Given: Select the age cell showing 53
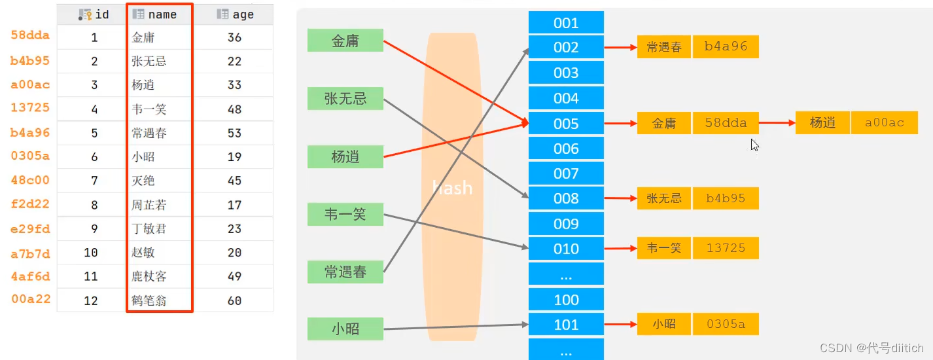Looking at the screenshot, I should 234,133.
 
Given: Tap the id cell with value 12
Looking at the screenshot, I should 91,300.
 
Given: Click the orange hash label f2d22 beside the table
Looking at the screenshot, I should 30,204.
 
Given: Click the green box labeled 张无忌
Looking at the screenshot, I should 345,98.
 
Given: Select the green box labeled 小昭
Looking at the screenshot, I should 345,329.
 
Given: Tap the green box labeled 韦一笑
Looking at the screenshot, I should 345,214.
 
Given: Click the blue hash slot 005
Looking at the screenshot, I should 566,124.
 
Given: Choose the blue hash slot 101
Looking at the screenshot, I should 566,325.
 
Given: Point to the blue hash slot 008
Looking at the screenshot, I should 566,198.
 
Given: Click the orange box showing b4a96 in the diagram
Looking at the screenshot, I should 726,47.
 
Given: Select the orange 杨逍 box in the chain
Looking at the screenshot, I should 822,122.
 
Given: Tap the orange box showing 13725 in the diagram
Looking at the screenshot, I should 726,248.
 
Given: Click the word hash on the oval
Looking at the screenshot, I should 452,189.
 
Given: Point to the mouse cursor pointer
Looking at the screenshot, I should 754,144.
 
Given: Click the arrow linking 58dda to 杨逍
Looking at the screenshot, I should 777,122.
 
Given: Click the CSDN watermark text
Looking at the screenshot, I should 871,348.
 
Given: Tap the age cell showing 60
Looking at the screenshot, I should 234,300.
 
